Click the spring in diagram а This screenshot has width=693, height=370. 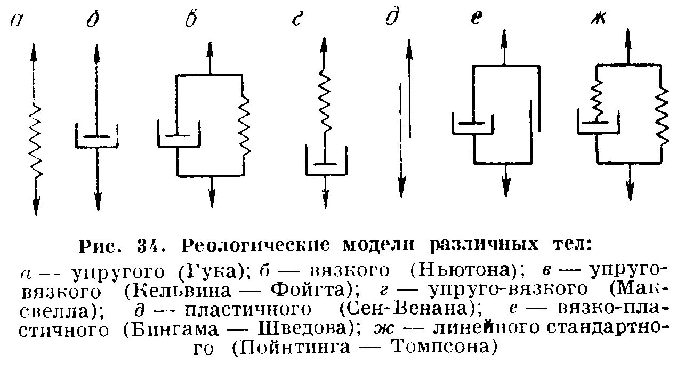(x=35, y=141)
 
